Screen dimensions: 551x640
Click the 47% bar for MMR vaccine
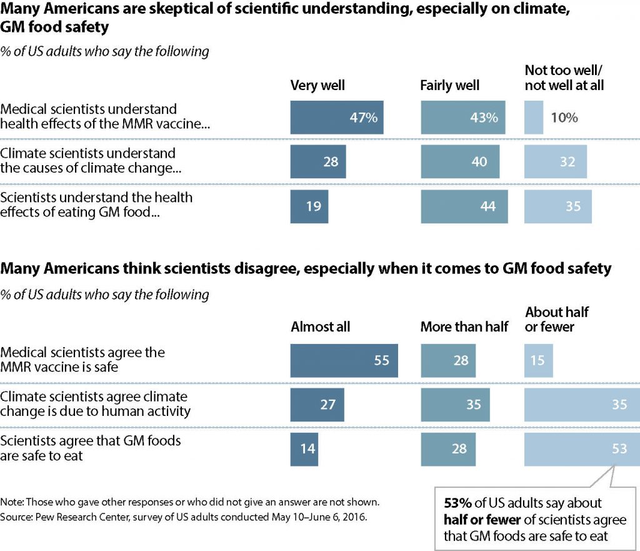337,118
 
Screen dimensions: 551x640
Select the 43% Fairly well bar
463,118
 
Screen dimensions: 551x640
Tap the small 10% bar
534,118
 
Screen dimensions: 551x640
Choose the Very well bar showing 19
309,205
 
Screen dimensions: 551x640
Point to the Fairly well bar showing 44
464,205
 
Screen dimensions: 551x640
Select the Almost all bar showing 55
344,360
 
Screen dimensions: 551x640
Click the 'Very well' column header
317,85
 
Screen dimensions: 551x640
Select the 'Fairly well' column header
450,85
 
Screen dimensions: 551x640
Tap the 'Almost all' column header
321,326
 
